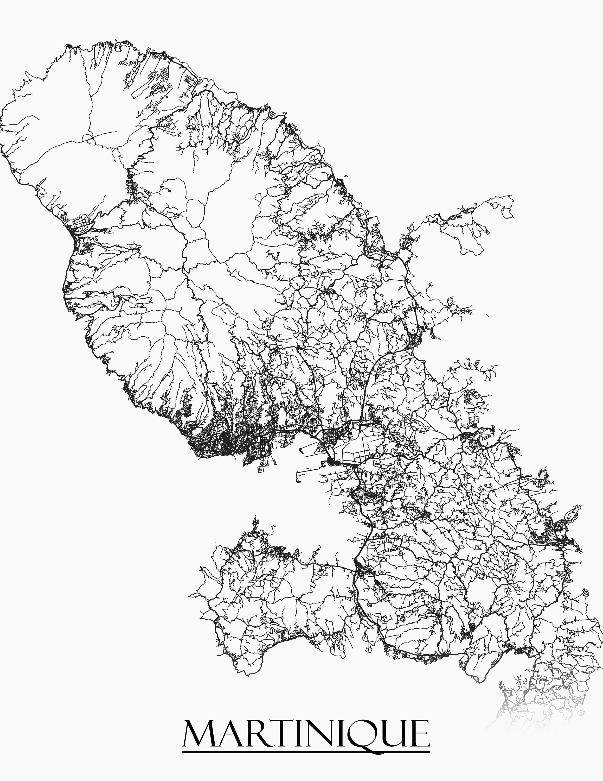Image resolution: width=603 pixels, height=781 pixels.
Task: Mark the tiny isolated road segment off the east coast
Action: pos(487,315)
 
